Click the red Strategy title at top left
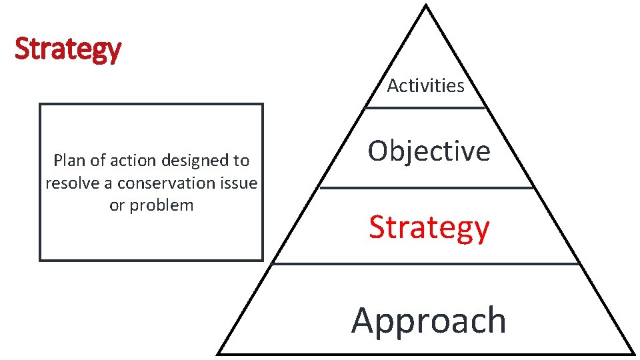[x=67, y=49]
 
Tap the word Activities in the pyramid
[x=426, y=86]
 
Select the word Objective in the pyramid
[x=429, y=151]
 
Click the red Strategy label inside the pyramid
[x=429, y=227]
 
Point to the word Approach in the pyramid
[x=429, y=320]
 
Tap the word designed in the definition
[x=195, y=161]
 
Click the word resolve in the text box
[x=71, y=183]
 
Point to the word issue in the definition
[x=239, y=183]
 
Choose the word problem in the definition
[x=162, y=205]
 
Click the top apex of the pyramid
[x=425, y=7]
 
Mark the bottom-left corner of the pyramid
[x=219, y=353]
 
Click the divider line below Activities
[x=425, y=107]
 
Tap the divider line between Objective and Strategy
[x=427, y=188]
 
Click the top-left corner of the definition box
[x=41, y=105]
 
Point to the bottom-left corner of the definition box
[x=41, y=259]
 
